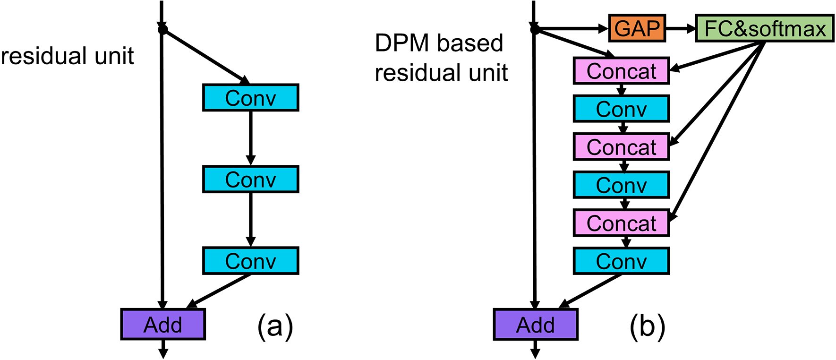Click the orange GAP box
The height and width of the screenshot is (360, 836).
click(x=637, y=28)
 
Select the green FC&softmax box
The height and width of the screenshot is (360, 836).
click(x=765, y=28)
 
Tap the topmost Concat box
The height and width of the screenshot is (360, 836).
click(x=621, y=71)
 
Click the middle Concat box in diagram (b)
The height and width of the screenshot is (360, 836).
click(x=621, y=146)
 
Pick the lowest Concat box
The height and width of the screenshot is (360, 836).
click(x=621, y=223)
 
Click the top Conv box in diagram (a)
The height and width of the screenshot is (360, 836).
click(x=250, y=98)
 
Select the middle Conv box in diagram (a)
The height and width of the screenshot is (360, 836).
click(x=250, y=179)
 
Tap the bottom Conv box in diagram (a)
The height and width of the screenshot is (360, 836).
click(x=250, y=260)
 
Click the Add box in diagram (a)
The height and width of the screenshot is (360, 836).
click(x=163, y=324)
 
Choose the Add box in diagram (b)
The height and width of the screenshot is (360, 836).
click(x=536, y=324)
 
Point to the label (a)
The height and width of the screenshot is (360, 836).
click(x=275, y=326)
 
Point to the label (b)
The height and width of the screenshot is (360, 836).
click(x=647, y=326)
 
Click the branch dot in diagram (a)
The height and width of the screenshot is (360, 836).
click(x=162, y=30)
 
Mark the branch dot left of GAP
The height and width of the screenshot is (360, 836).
click(x=535, y=30)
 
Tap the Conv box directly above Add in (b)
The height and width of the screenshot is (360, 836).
click(x=621, y=260)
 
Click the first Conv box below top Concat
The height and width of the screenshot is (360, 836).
click(x=621, y=109)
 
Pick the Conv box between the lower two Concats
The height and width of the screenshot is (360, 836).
click(x=621, y=184)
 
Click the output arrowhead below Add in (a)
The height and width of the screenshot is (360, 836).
click(x=163, y=353)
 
